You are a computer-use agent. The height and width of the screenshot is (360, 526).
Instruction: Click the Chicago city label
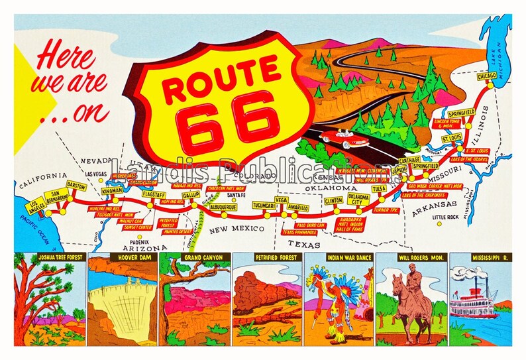point(488,76)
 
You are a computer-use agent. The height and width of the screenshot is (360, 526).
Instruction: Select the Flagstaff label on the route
point(153,195)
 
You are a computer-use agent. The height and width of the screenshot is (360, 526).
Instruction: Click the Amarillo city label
point(298,208)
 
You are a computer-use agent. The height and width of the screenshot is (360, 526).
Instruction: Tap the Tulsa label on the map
point(379,189)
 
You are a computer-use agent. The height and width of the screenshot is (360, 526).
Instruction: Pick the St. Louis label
point(452,139)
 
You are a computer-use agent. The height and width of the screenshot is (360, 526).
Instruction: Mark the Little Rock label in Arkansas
point(445,217)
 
